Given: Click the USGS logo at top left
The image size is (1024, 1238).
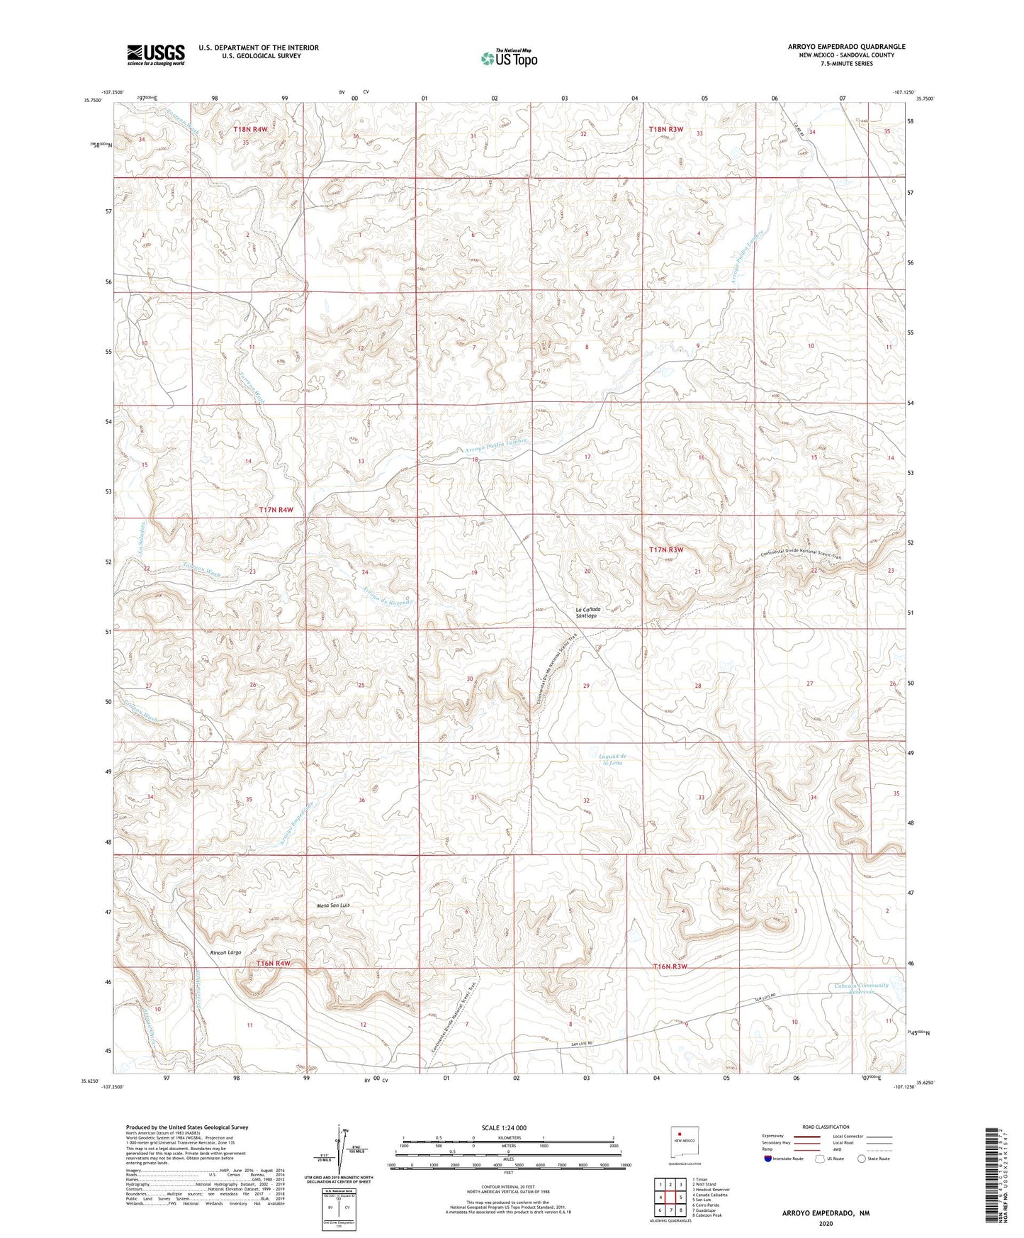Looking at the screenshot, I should (x=156, y=55).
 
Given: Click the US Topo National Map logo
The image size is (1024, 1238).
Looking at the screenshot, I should (x=509, y=58).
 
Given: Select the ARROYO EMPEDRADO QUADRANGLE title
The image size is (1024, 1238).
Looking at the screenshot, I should (x=846, y=47).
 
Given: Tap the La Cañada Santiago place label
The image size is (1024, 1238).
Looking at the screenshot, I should (x=586, y=613).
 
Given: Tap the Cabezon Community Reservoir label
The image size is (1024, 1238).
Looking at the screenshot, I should (x=860, y=988).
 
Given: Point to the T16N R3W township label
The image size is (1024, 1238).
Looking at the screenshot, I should (x=670, y=966).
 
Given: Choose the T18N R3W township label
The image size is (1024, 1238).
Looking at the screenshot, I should (x=666, y=129).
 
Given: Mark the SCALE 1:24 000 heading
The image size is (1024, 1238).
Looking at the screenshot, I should (x=504, y=1127).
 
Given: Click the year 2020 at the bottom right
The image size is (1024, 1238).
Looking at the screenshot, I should (x=826, y=1223).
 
